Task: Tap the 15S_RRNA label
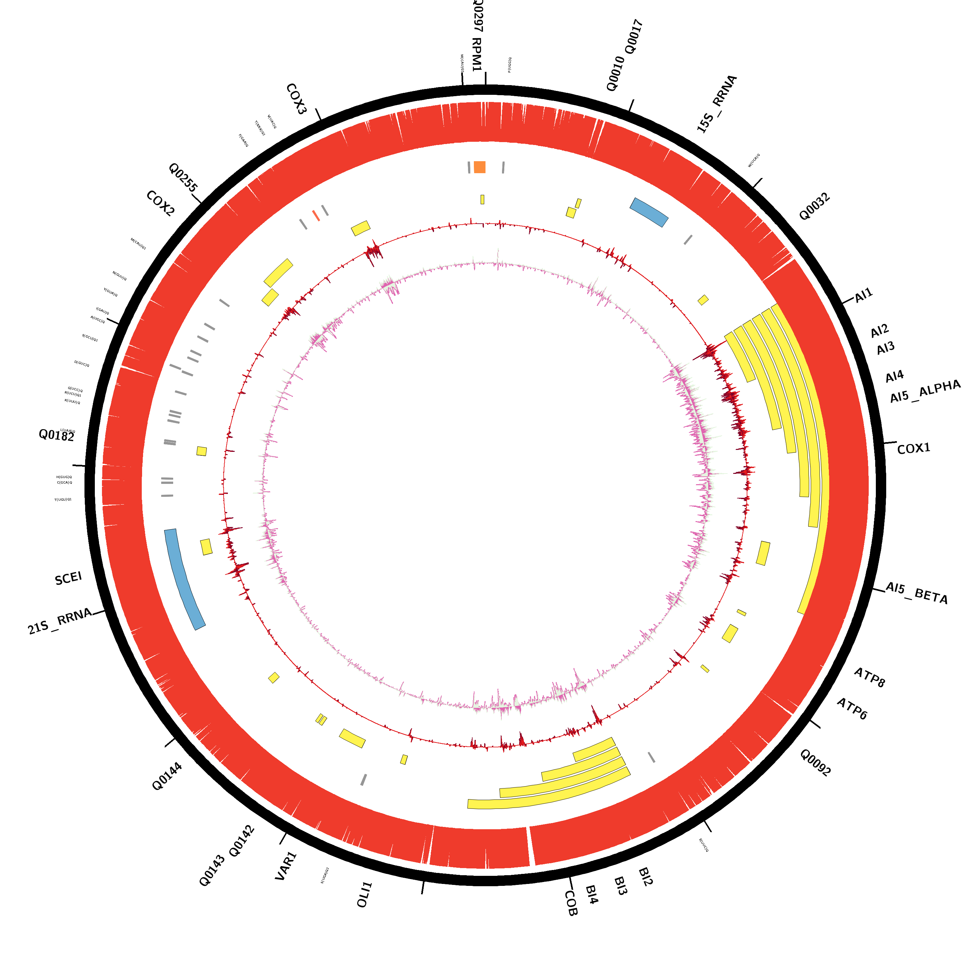tap(717, 104)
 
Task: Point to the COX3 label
tap(296, 99)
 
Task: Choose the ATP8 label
tap(869, 677)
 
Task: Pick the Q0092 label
tap(815, 763)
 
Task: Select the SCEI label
tap(68, 578)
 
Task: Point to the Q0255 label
tap(183, 177)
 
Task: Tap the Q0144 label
tap(167, 776)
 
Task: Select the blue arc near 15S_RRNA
tap(649, 212)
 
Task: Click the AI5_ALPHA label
tap(925, 392)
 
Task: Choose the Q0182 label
tap(57, 435)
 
